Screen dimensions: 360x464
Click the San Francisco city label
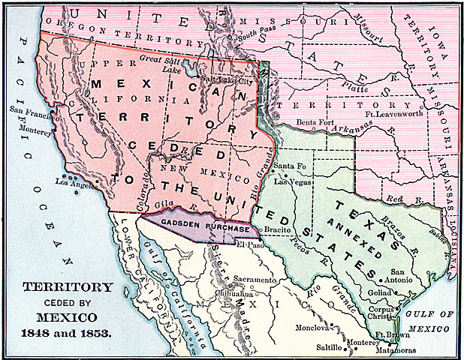coord(30,110)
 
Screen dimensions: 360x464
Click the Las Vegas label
coord(291,181)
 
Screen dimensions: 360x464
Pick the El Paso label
coord(247,243)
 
